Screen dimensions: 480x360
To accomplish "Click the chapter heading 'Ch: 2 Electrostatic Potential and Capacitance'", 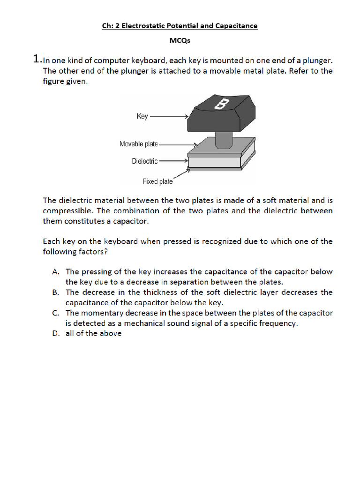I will pyautogui.click(x=180, y=26).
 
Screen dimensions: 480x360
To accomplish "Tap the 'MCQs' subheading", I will pyautogui.click(x=180, y=41).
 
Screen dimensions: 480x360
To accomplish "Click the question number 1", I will pyautogui.click(x=37, y=59).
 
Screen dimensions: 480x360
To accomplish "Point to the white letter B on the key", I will pyautogui.click(x=220, y=105).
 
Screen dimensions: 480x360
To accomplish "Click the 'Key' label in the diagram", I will pyautogui.click(x=142, y=116).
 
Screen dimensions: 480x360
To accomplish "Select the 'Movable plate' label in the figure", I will pyautogui.click(x=139, y=144).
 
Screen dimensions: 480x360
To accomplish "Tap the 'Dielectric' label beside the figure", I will pyautogui.click(x=145, y=161).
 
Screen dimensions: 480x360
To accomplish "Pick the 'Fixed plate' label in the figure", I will pyautogui.click(x=157, y=181).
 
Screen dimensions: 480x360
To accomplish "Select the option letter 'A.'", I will pyautogui.click(x=55, y=271).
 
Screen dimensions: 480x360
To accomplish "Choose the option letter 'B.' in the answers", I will pyautogui.click(x=55, y=292).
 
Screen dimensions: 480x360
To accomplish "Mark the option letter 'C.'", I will pyautogui.click(x=55, y=313).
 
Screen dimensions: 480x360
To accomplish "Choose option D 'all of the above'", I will pyautogui.click(x=93, y=333).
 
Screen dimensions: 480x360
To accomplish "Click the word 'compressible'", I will pyautogui.click(x=65, y=210).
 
